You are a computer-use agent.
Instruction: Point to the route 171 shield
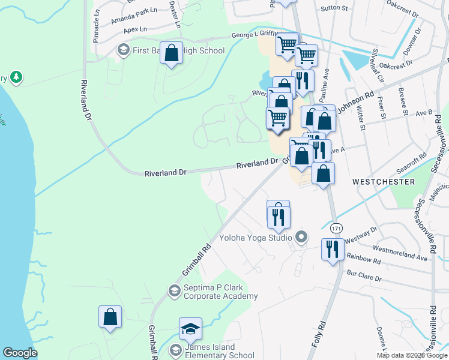coord(336,227)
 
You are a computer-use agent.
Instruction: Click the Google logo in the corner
coord(20,353)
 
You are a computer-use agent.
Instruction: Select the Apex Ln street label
coord(135,29)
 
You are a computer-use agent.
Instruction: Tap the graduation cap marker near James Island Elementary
coord(190,329)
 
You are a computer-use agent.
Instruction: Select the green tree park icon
coord(16,77)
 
